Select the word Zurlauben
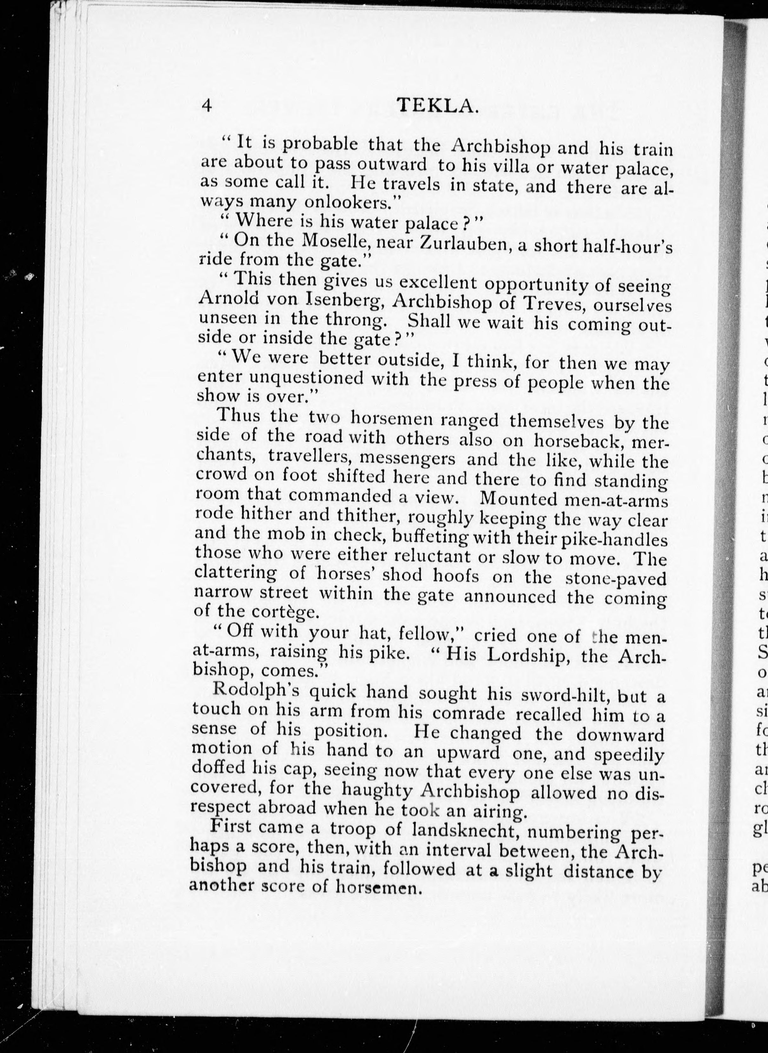(x=463, y=244)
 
